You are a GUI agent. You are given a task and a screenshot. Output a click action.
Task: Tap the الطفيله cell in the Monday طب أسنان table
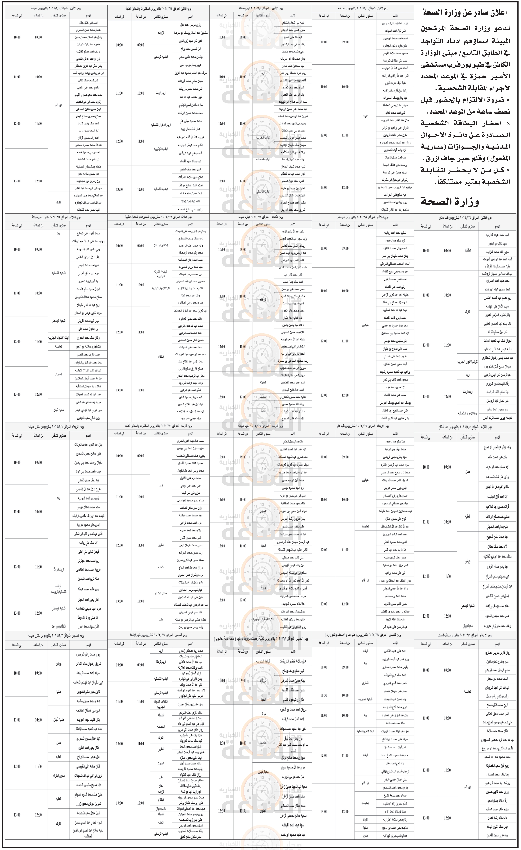coord(467,251)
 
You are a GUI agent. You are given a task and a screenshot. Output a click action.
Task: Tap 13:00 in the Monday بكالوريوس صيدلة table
coord(17,181)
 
